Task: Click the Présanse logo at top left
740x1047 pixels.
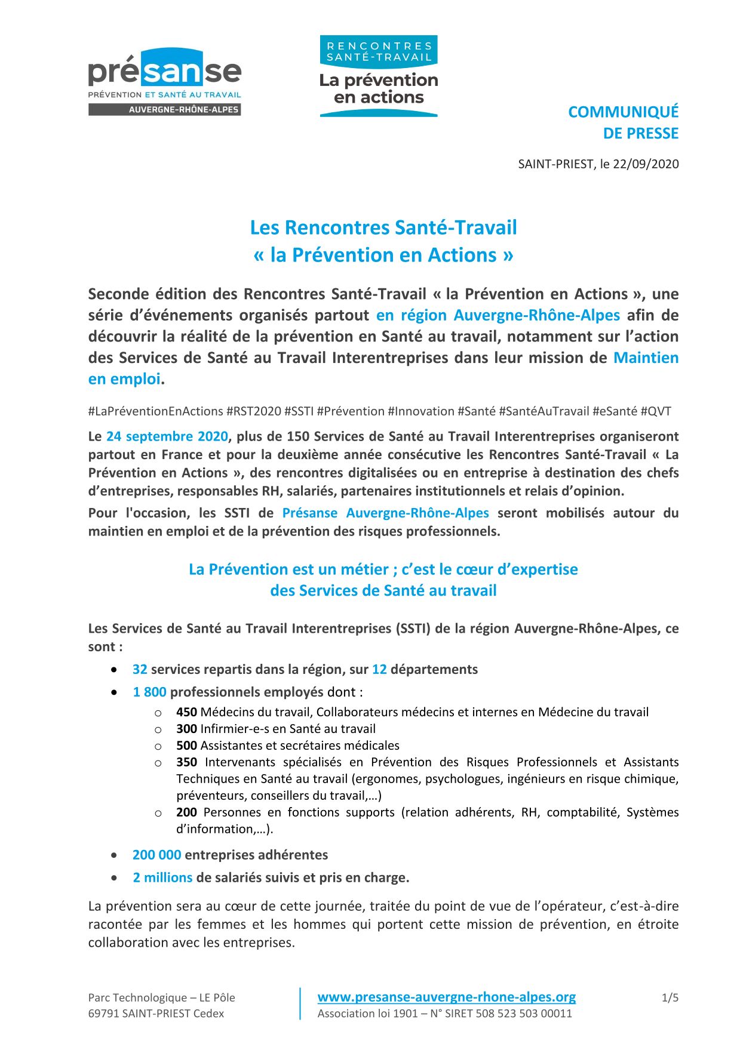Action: coord(164,82)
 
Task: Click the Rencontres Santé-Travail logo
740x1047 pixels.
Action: coord(379,76)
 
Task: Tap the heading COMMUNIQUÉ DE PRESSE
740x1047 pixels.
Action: coord(623,122)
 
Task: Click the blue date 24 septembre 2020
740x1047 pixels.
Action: coord(167,436)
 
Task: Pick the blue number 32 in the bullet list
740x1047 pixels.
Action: coord(140,669)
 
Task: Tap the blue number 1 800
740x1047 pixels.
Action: coord(149,692)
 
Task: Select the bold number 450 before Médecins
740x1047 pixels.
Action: coord(186,712)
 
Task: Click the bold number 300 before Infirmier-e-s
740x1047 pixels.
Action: coord(186,729)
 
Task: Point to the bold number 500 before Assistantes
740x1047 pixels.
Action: coord(186,746)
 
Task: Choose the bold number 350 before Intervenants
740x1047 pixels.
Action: coord(186,762)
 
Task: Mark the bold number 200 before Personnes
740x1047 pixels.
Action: coord(186,812)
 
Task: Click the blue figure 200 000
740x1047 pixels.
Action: coord(156,855)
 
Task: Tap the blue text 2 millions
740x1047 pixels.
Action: coord(162,877)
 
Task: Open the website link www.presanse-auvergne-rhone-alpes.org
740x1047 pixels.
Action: coord(447,997)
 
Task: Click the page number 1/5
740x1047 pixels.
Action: coord(670,997)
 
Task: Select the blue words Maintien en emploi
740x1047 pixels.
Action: coord(646,358)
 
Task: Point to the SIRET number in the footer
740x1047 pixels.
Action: coord(524,1014)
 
